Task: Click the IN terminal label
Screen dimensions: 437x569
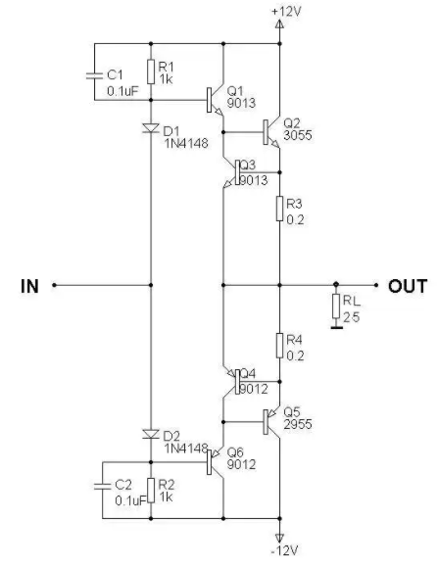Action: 29,286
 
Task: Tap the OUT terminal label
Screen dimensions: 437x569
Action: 408,286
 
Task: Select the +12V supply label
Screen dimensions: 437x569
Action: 286,12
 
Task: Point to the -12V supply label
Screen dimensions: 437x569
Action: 285,550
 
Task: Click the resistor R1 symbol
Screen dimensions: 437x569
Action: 151,71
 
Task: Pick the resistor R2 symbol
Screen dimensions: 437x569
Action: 151,491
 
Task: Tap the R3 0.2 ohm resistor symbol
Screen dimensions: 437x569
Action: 279,209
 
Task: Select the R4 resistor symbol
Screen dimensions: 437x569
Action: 279,346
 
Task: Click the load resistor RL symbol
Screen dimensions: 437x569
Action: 336,307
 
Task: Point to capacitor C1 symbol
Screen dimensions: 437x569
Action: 94,75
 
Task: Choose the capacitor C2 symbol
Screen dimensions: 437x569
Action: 102,487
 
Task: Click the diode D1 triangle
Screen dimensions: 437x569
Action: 151,127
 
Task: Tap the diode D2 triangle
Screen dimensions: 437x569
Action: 151,434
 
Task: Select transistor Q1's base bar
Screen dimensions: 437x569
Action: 209,100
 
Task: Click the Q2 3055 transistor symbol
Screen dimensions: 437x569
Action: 271,132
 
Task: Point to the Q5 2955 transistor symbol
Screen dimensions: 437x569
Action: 271,422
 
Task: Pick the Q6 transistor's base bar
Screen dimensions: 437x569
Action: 209,462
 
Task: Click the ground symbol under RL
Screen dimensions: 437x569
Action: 337,328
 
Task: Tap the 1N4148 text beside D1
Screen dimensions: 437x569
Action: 186,143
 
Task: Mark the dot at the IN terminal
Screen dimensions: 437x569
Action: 54,285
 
